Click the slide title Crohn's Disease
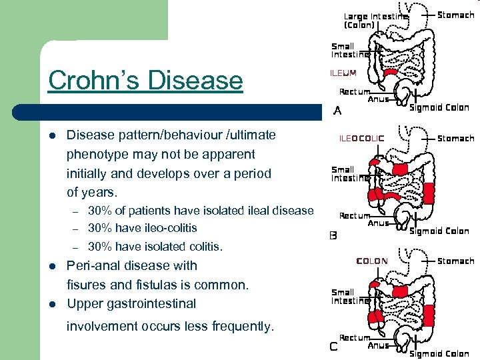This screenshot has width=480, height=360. [x=145, y=81]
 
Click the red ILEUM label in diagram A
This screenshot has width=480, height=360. [x=344, y=73]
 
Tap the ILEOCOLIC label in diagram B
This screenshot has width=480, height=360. [x=362, y=139]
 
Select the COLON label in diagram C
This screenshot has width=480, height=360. [x=372, y=261]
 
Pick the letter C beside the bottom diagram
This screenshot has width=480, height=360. [x=334, y=346]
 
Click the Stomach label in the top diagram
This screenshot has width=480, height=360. [x=455, y=15]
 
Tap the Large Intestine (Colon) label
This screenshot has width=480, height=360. [x=375, y=21]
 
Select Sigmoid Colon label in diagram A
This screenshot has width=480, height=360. [x=439, y=107]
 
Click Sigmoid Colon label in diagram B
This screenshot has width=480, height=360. [x=439, y=231]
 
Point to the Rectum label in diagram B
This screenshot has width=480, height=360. [x=355, y=216]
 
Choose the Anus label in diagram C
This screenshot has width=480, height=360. [x=378, y=345]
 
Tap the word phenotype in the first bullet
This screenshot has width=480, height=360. [x=95, y=155]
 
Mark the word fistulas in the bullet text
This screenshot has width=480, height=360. [x=150, y=285]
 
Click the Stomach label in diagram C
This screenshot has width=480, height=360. [x=455, y=261]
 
